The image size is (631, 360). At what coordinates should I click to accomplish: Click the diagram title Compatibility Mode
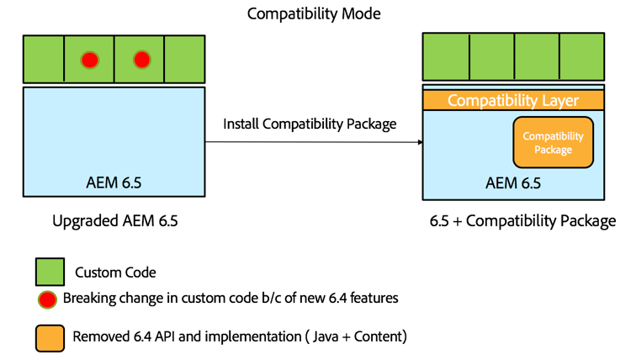click(314, 14)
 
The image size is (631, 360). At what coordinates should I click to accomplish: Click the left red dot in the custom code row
click(89, 60)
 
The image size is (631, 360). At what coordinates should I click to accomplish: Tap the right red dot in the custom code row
click(141, 60)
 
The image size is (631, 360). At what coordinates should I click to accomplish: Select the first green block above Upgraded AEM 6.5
click(44, 60)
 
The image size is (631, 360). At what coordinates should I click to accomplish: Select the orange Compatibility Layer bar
click(512, 101)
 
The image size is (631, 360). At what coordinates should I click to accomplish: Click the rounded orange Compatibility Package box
click(553, 142)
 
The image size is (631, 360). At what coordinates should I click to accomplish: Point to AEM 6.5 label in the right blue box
click(512, 183)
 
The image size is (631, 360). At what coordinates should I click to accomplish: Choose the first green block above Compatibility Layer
click(446, 57)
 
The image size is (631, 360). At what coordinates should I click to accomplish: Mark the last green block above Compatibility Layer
click(581, 57)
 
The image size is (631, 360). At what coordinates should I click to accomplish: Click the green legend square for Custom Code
click(49, 272)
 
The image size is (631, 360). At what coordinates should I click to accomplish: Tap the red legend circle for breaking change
click(49, 298)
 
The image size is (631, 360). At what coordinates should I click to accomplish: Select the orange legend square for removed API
click(49, 336)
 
